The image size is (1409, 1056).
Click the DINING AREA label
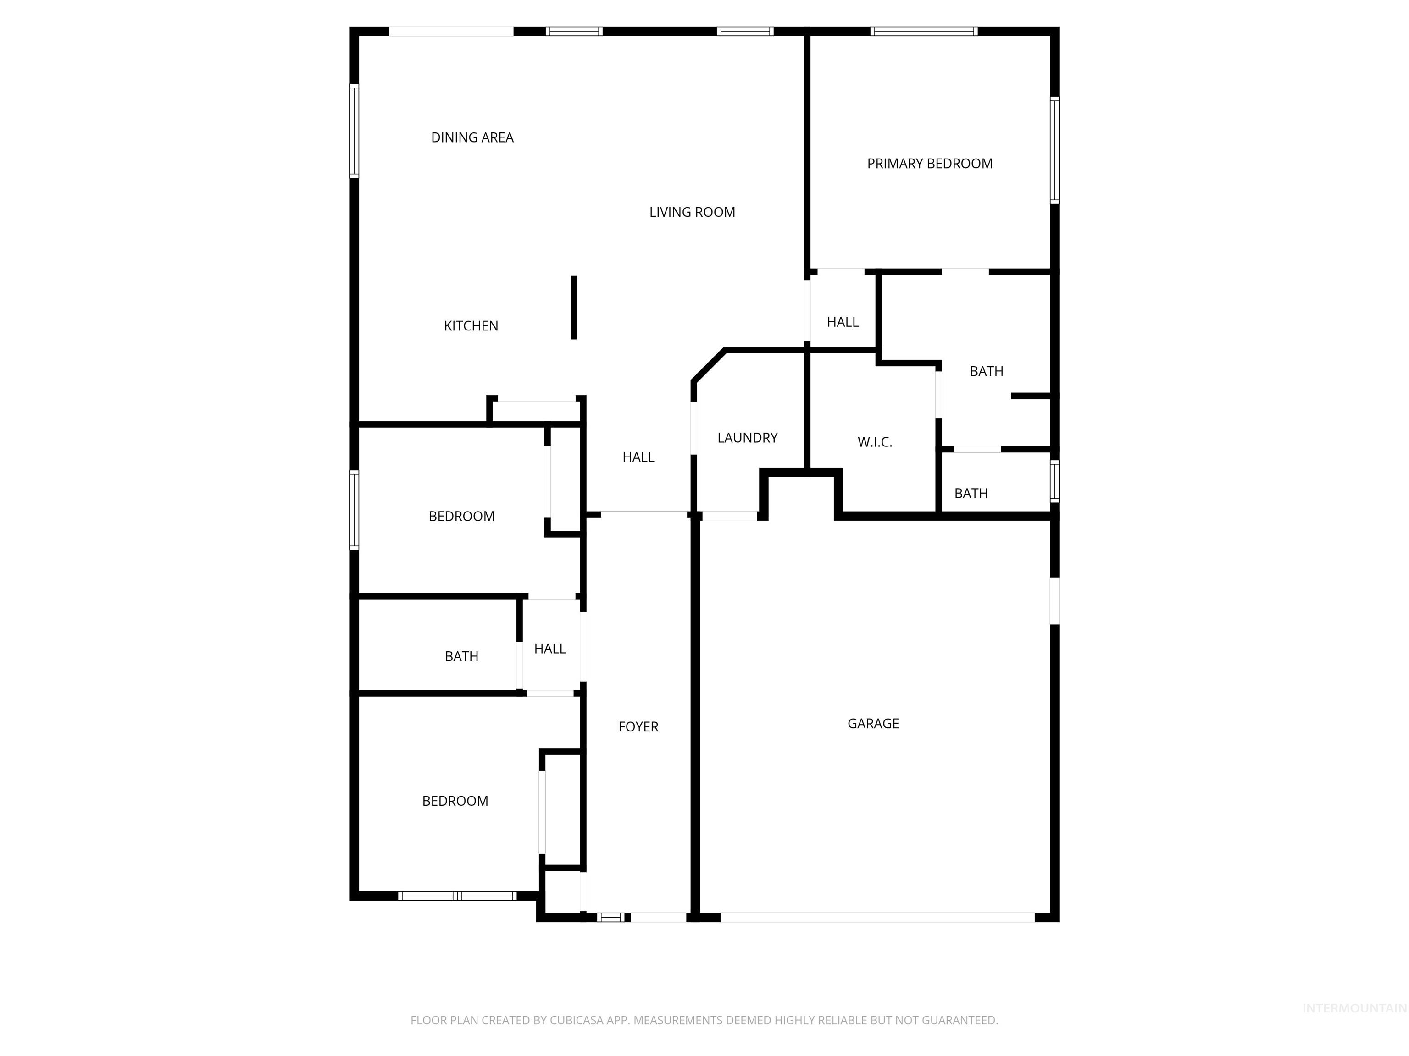pyautogui.click(x=472, y=137)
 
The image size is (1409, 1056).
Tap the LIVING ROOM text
pyautogui.click(x=692, y=212)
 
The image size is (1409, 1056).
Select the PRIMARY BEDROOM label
pyautogui.click(x=929, y=164)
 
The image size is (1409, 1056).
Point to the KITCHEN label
pyautogui.click(x=471, y=326)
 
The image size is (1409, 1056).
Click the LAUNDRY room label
pyautogui.click(x=747, y=438)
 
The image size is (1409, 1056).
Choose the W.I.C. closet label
pyautogui.click(x=875, y=442)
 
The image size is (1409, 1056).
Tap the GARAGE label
pyautogui.click(x=873, y=724)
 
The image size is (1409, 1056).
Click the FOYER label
pyautogui.click(x=638, y=727)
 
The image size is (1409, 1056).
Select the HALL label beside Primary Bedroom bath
pyautogui.click(x=842, y=322)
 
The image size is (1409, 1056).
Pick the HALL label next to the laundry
pyautogui.click(x=638, y=457)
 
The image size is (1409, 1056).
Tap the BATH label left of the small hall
pyautogui.click(x=461, y=656)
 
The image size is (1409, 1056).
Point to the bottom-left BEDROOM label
pyautogui.click(x=455, y=801)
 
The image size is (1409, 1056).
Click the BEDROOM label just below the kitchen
pyautogui.click(x=461, y=516)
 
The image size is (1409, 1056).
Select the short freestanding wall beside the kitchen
pyautogui.click(x=574, y=308)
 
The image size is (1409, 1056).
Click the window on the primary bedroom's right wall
pyautogui.click(x=1054, y=150)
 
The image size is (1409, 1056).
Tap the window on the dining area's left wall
pyautogui.click(x=354, y=131)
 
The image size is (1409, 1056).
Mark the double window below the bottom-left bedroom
pyautogui.click(x=457, y=896)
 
